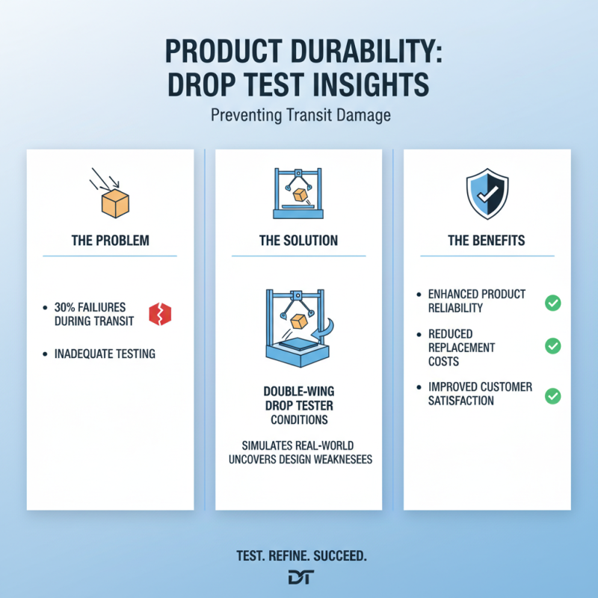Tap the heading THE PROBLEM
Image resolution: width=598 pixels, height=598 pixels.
click(110, 241)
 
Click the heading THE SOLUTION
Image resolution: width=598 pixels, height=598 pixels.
click(298, 241)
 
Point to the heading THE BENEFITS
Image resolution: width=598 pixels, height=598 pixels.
click(487, 241)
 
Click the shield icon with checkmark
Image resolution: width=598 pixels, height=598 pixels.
click(487, 193)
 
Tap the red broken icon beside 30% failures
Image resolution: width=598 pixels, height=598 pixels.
click(159, 314)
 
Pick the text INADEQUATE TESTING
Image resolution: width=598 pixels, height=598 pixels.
click(105, 353)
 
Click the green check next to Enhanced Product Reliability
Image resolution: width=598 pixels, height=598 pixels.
click(552, 302)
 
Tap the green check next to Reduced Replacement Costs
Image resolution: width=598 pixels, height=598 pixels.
click(552, 346)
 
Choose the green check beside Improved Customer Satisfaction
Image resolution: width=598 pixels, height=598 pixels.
click(552, 395)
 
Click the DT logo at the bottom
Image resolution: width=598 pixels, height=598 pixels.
click(300, 577)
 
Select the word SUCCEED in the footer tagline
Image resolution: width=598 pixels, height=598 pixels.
click(339, 557)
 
